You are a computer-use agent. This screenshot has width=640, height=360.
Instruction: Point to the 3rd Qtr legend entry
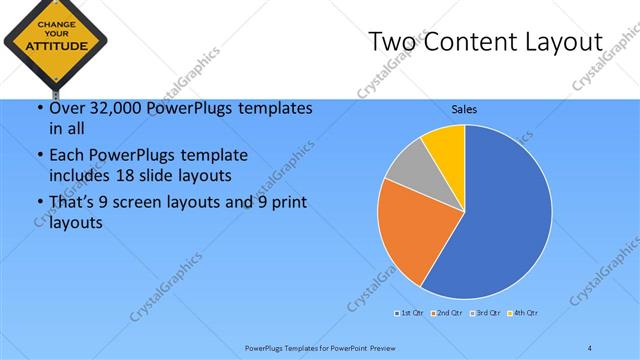point(486,314)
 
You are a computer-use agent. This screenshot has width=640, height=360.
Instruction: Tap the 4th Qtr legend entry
point(523,314)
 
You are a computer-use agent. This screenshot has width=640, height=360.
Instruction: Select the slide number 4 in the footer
point(590,347)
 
